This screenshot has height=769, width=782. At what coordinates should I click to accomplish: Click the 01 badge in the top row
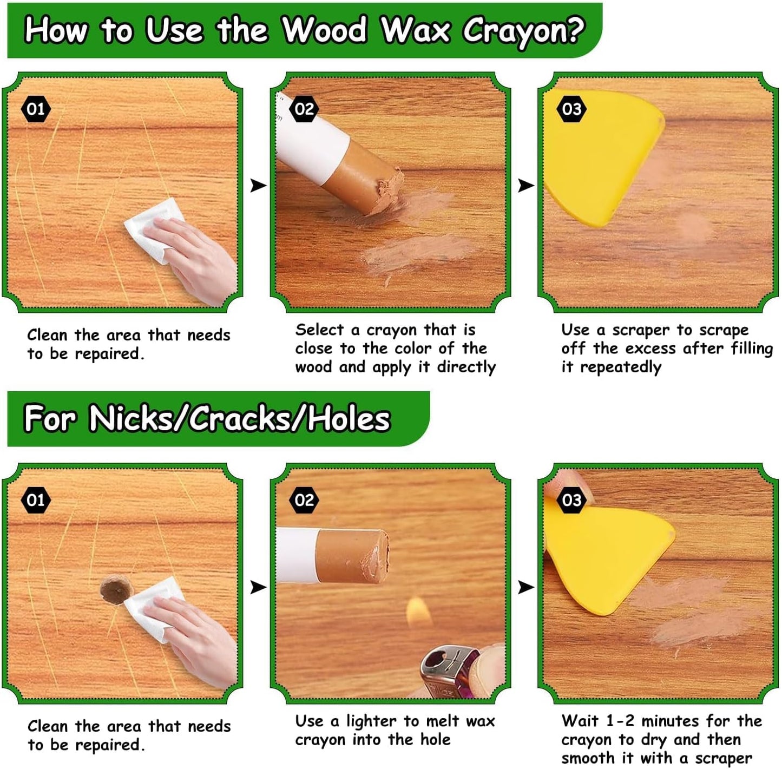(x=36, y=109)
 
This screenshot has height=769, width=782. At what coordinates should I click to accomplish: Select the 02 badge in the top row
(x=304, y=109)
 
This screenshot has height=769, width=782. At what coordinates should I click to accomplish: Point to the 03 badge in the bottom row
(x=571, y=500)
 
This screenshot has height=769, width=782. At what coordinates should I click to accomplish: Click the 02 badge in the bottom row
(x=304, y=500)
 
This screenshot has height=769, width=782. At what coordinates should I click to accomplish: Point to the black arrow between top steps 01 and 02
(x=258, y=186)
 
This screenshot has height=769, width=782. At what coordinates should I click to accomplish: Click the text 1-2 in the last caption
(x=620, y=721)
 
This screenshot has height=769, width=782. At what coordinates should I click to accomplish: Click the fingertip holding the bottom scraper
(x=568, y=479)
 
